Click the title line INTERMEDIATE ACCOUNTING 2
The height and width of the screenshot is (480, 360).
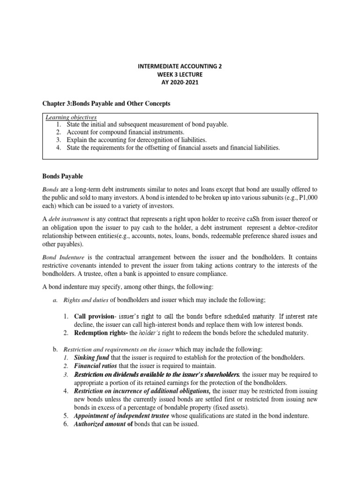180,67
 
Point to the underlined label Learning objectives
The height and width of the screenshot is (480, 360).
69,117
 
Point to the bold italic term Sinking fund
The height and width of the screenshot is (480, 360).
91,358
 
